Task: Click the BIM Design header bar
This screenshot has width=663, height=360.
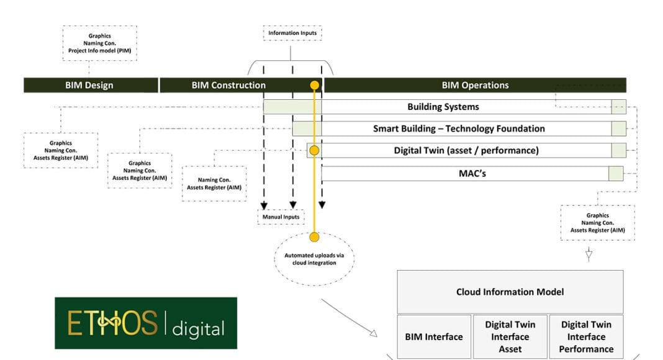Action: point(89,85)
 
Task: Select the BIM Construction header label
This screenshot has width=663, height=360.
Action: point(228,85)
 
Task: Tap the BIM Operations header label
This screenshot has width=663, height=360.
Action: point(475,85)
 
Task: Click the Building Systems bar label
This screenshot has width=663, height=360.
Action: point(443,107)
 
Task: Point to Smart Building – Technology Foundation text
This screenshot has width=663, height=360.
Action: point(459,128)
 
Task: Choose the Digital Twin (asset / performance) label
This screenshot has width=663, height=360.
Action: point(466,150)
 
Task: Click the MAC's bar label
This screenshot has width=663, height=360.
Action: point(472,173)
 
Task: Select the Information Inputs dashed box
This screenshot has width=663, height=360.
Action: point(292,33)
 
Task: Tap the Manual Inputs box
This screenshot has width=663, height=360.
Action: point(280,217)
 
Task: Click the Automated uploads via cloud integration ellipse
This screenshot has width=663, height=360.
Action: point(314,259)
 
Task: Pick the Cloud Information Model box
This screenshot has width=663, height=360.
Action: point(510,292)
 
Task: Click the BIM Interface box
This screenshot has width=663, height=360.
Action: point(434,336)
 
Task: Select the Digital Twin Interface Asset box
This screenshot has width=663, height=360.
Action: point(510,336)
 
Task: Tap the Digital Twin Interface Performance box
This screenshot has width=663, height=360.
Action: point(586,336)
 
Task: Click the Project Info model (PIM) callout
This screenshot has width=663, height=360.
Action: point(99,43)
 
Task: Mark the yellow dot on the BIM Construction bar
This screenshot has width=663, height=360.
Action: point(315,85)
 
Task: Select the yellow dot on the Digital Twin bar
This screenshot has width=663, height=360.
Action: point(314,150)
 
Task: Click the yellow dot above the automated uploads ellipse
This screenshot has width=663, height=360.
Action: point(314,236)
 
